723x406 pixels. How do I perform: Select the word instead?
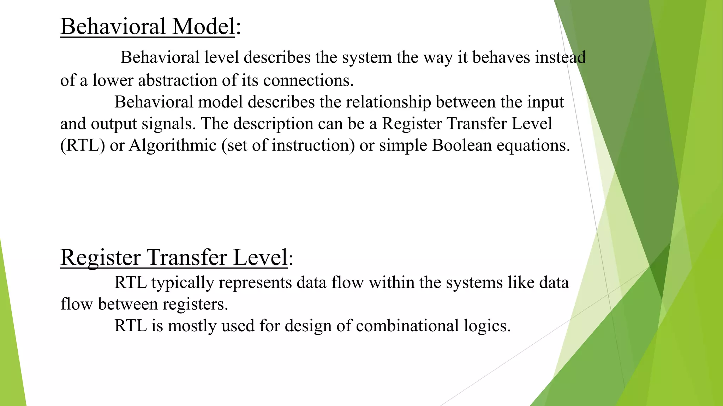(x=560, y=57)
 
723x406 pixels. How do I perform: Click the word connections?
(x=308, y=80)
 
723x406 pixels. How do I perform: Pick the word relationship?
(x=388, y=102)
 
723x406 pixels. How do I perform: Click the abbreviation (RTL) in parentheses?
(x=83, y=146)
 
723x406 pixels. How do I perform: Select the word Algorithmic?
(x=172, y=146)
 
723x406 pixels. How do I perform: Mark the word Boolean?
(x=461, y=146)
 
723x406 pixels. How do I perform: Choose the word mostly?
(x=192, y=326)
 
